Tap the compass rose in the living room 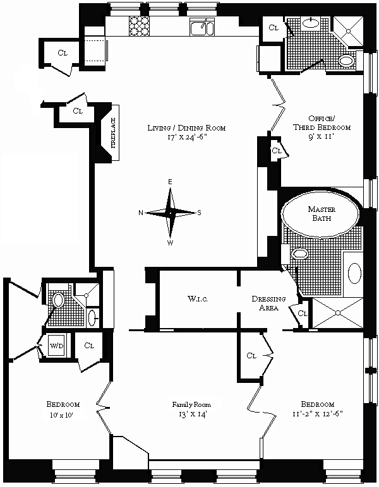tap(170, 213)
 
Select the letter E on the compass tap(170, 182)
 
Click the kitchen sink tap(200, 27)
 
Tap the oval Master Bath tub tap(319, 218)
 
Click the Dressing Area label tap(268, 303)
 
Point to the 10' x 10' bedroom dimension tap(63, 414)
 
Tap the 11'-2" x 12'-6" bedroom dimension tap(317, 414)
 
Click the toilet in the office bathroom tap(346, 61)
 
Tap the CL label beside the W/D tap(88, 345)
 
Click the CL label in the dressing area tap(303, 313)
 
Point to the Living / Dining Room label tap(186, 128)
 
